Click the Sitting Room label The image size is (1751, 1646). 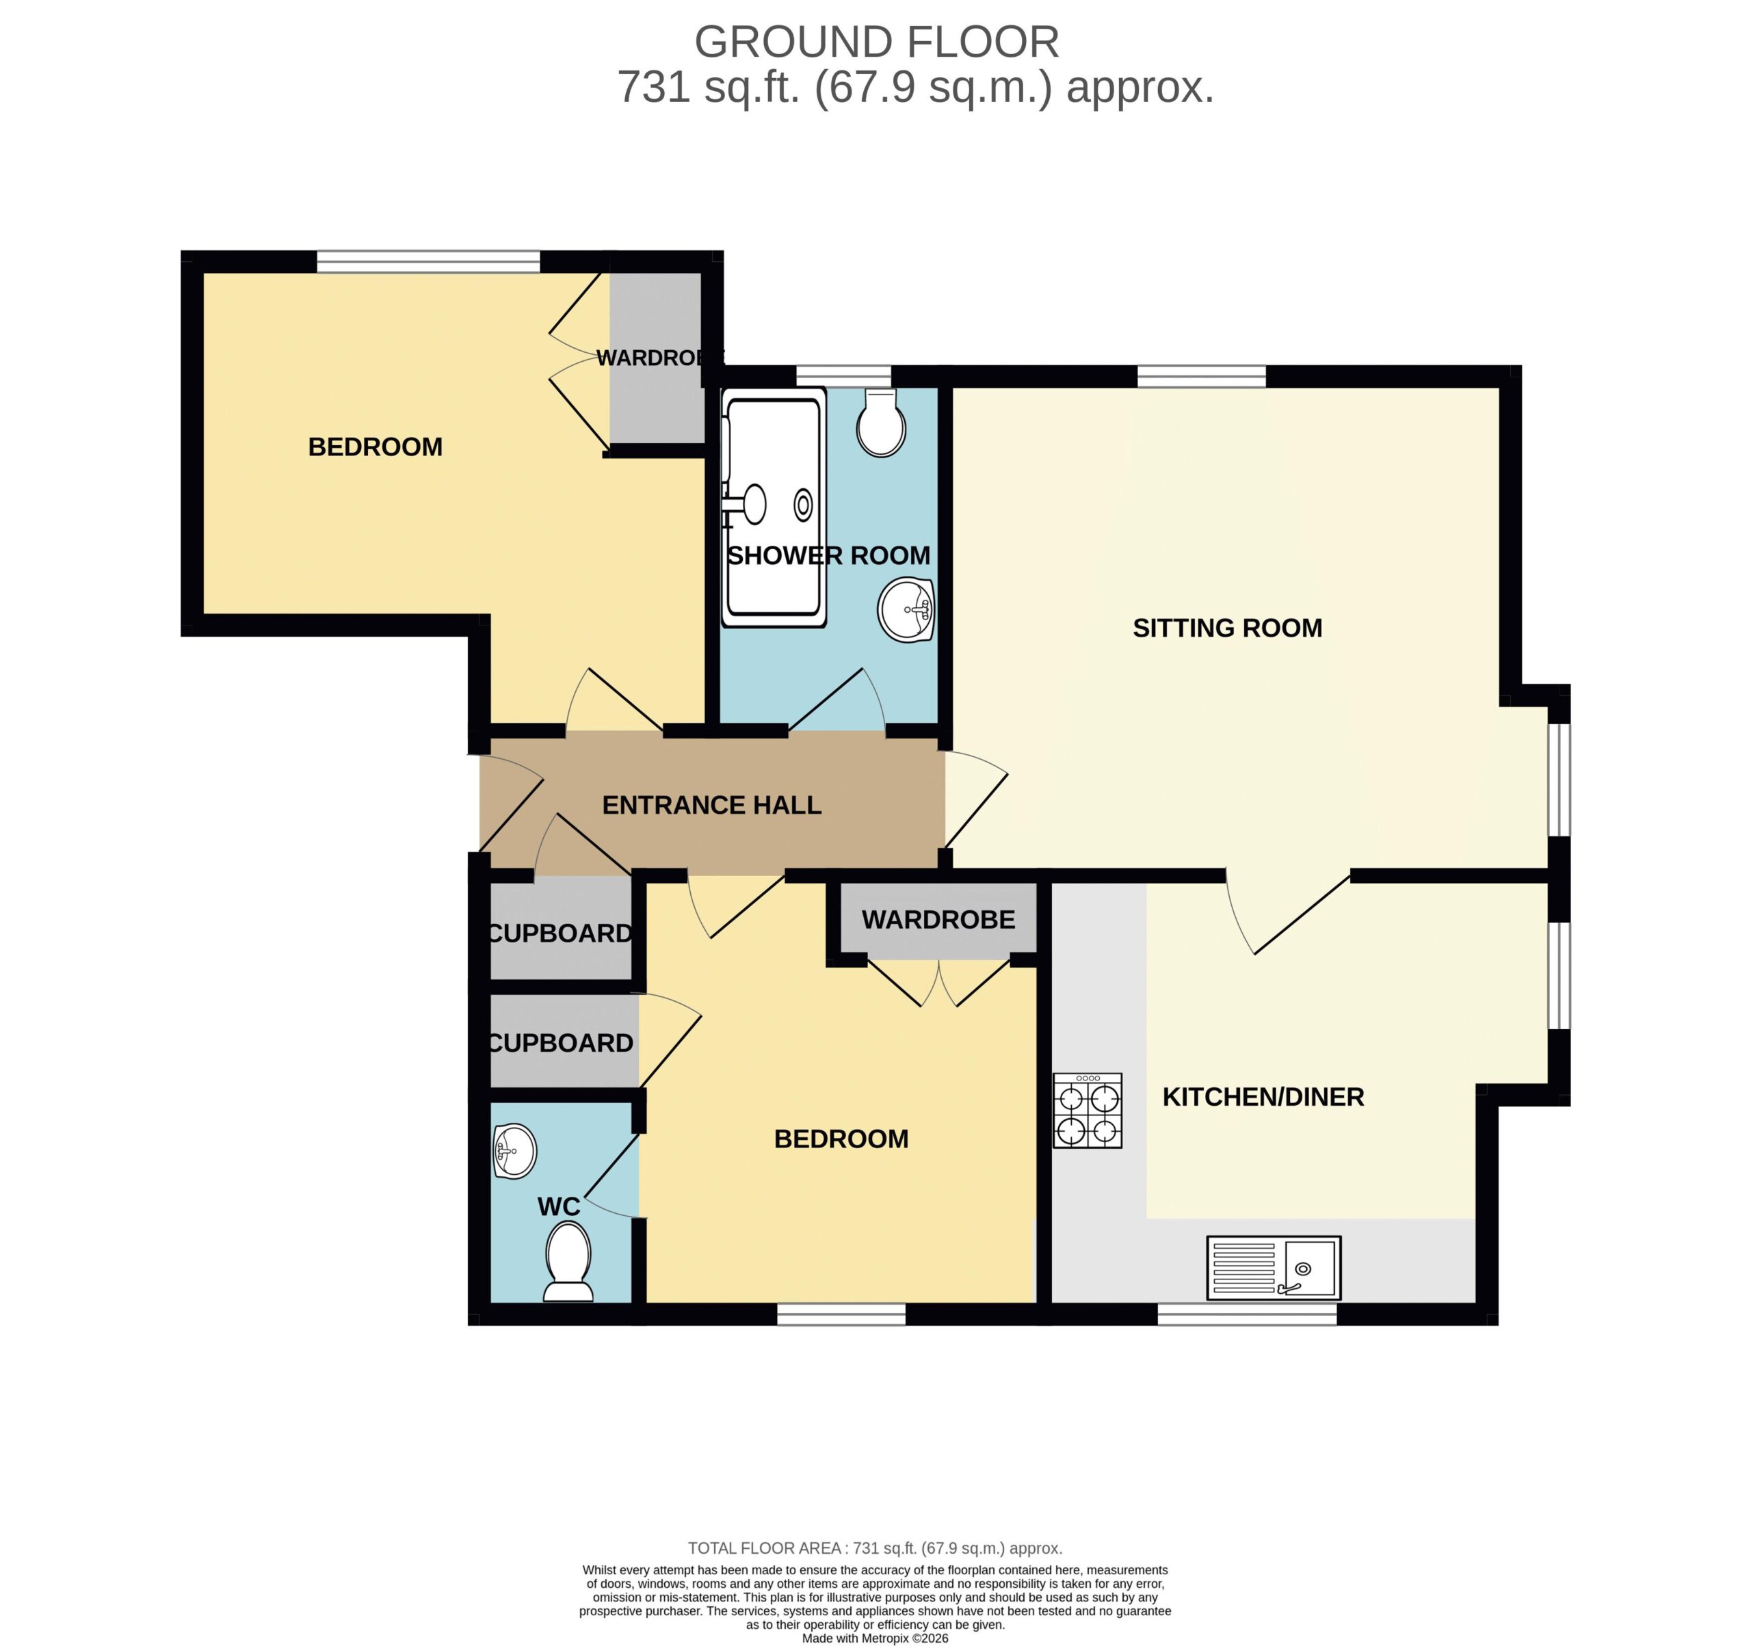point(1227,628)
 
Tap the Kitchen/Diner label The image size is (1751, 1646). point(1263,1096)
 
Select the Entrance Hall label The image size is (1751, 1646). point(711,805)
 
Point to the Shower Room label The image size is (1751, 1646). point(829,556)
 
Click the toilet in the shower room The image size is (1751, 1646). point(881,423)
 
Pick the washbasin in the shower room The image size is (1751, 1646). point(906,609)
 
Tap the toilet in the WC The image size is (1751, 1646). point(568,1264)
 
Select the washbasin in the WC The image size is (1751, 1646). point(514,1151)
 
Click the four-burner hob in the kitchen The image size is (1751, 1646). point(1088,1111)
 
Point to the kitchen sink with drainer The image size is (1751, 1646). point(1274,1269)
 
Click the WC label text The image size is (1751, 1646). point(559,1206)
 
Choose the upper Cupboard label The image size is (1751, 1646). point(560,933)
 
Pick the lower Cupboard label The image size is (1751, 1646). point(560,1044)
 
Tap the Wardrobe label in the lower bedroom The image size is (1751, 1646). point(939,920)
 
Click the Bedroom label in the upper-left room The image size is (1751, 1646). point(376,447)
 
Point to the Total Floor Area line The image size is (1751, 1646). point(875,1548)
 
